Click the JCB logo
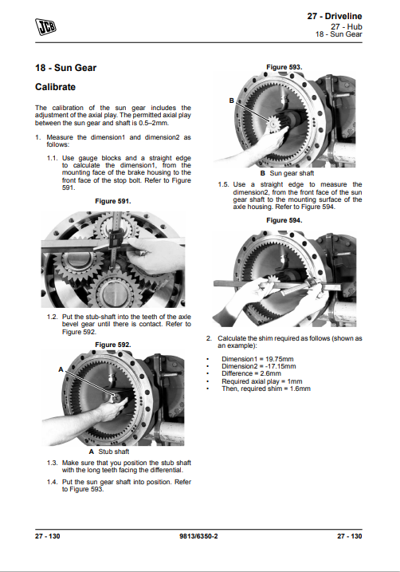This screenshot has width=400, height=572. point(45,27)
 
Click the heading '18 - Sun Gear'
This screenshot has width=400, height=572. point(65,68)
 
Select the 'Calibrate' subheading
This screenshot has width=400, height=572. point(55,87)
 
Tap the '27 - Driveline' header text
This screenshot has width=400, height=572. point(335,16)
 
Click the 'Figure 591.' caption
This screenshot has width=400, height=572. point(113,201)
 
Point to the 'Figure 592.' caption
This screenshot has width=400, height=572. point(113,345)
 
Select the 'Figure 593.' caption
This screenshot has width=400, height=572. point(284,67)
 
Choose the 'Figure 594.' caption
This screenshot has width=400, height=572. point(284,220)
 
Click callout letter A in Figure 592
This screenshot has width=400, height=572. point(61,369)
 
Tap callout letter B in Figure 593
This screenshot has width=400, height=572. point(231,101)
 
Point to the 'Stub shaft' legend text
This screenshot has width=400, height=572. point(114,452)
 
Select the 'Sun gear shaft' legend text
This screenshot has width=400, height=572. point(292,173)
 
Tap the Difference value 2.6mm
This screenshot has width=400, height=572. point(271,373)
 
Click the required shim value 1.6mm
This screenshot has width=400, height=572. point(300,389)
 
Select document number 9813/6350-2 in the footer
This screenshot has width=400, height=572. point(198,536)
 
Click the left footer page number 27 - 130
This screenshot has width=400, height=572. point(47,536)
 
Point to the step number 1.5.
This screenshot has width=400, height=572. point(223,184)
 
